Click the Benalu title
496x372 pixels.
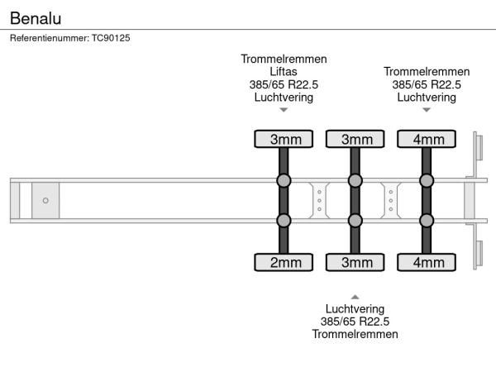(x=36, y=18)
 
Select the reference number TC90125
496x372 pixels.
(x=111, y=38)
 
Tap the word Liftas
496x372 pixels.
(x=284, y=71)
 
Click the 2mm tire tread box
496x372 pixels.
(x=284, y=262)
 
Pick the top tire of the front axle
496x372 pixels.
(x=284, y=139)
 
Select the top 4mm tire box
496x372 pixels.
(x=427, y=139)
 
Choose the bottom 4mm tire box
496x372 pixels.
(x=427, y=262)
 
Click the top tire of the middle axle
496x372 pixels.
(x=355, y=139)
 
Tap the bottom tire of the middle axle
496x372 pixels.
(x=355, y=262)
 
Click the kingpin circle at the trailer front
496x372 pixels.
(x=45, y=200)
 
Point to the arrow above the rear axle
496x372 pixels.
(x=427, y=110)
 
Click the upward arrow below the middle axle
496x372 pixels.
(x=355, y=297)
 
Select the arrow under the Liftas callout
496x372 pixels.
(x=284, y=110)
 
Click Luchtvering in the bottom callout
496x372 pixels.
(x=355, y=308)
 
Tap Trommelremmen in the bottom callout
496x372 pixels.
(x=355, y=334)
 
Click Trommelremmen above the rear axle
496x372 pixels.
(x=427, y=71)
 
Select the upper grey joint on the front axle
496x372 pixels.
(x=284, y=180)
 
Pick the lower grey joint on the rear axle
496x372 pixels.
(x=427, y=221)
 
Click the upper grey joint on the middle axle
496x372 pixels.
(x=355, y=180)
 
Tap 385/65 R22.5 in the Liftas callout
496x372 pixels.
(x=284, y=84)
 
